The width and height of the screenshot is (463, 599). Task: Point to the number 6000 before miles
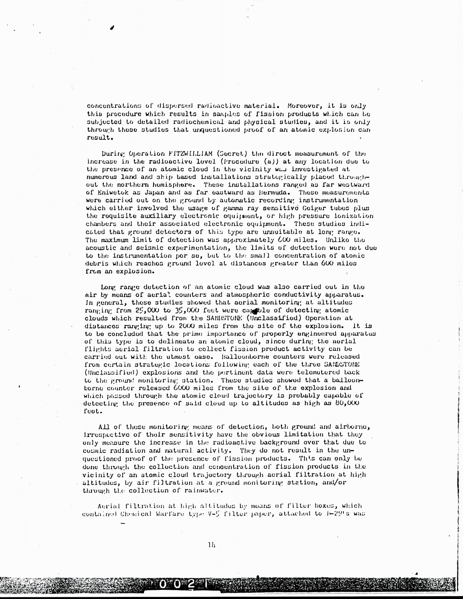coord(183,388)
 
